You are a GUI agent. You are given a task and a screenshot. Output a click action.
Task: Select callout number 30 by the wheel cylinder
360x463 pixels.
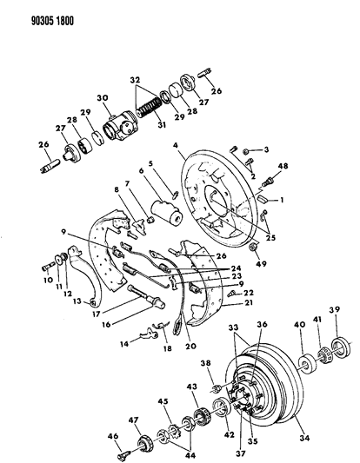click(x=102, y=98)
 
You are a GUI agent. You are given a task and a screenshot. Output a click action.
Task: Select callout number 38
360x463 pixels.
click(x=205, y=363)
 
